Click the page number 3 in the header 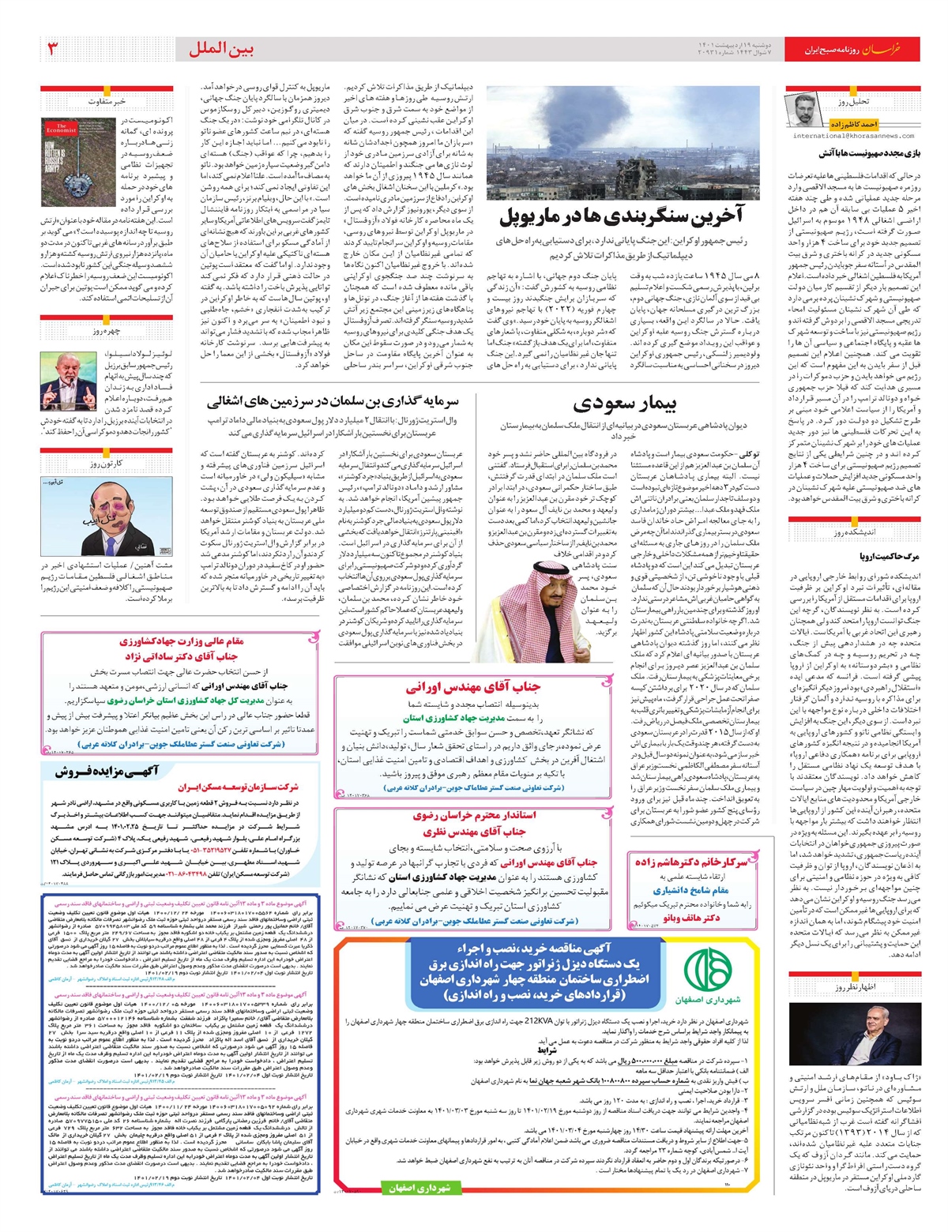point(52,49)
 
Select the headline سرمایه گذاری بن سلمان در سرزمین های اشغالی point(333,402)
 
